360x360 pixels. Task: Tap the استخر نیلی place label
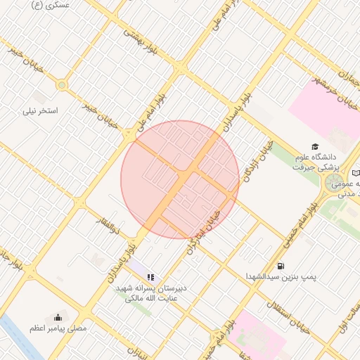coord(40,110)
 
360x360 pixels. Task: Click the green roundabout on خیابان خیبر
coord(62,86)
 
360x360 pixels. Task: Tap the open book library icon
coord(356,173)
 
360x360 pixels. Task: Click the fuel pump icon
coord(281,266)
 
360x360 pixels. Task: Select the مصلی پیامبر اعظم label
coord(58,328)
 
